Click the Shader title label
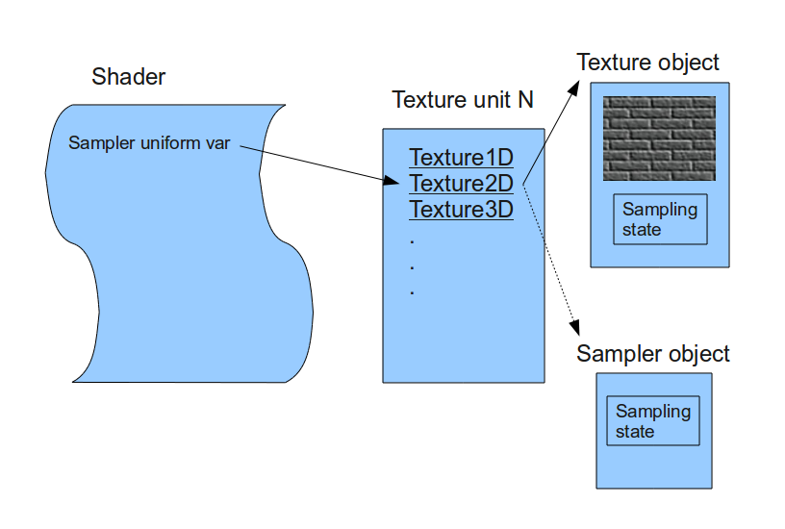(129, 77)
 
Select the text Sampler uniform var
(149, 143)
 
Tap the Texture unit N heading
(463, 100)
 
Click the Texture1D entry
(461, 157)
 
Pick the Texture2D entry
(461, 183)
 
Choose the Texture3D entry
(461, 209)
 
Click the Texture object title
(647, 63)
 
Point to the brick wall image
(659, 139)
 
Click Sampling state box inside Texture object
(660, 219)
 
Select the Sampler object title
(653, 354)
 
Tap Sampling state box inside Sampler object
(653, 421)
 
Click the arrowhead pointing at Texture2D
(392, 180)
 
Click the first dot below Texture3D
(412, 238)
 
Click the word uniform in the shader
(164, 143)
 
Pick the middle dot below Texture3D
(412, 264)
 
